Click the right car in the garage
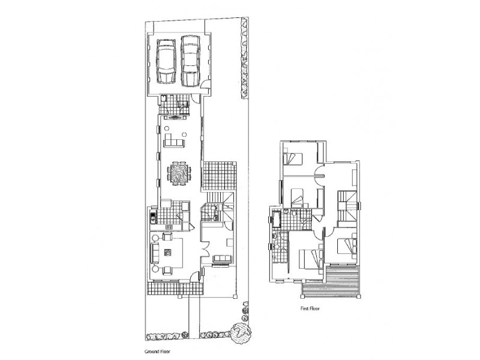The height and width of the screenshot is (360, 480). (x=190, y=61)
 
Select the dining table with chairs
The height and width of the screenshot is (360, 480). (x=178, y=173)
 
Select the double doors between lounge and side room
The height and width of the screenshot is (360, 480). (x=202, y=250)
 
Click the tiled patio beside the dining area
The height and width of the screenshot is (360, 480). (x=220, y=174)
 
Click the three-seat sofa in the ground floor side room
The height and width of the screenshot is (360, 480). (x=221, y=259)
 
